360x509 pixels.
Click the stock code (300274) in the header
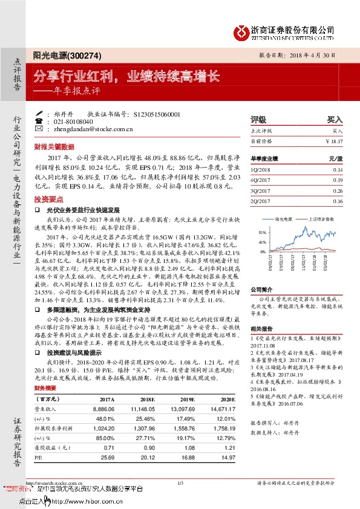77,55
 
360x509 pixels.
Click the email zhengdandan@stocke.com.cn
93,129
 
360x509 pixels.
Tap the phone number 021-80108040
73,122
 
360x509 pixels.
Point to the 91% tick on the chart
262,232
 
